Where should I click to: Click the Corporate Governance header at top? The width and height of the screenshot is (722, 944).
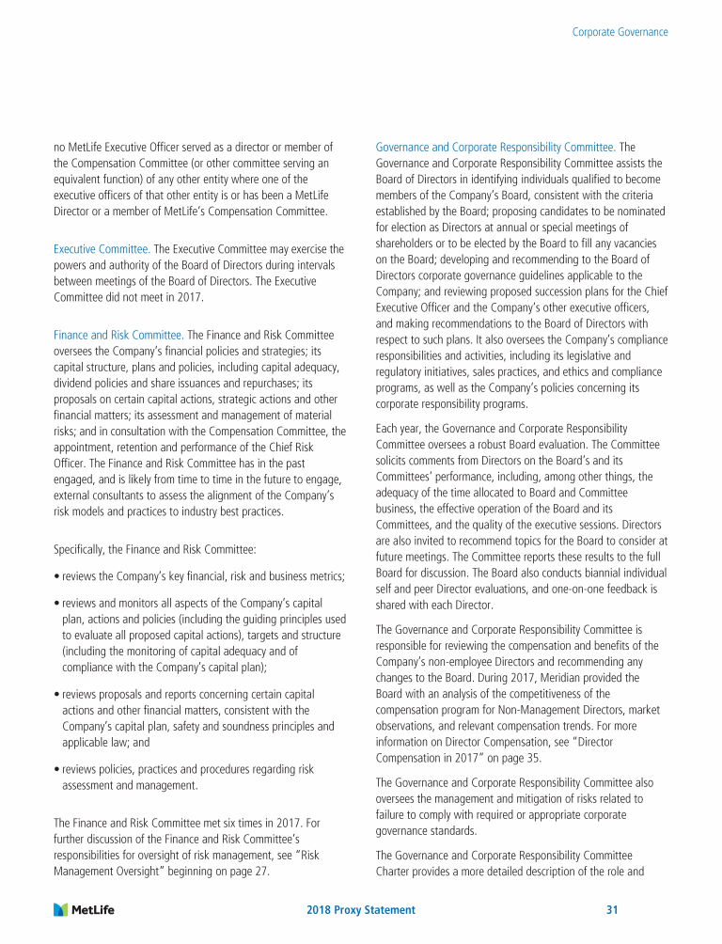pyautogui.click(x=620, y=32)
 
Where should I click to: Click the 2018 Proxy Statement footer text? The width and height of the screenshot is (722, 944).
pyautogui.click(x=361, y=910)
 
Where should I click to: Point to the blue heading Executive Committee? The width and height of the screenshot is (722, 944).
pyautogui.click(x=102, y=249)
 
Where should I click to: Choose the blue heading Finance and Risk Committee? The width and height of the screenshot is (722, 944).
pyautogui.click(x=118, y=335)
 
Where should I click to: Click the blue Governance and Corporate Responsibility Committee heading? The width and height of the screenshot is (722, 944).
pyautogui.click(x=495, y=147)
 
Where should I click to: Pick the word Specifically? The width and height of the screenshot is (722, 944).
pyautogui.click(x=83, y=547)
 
